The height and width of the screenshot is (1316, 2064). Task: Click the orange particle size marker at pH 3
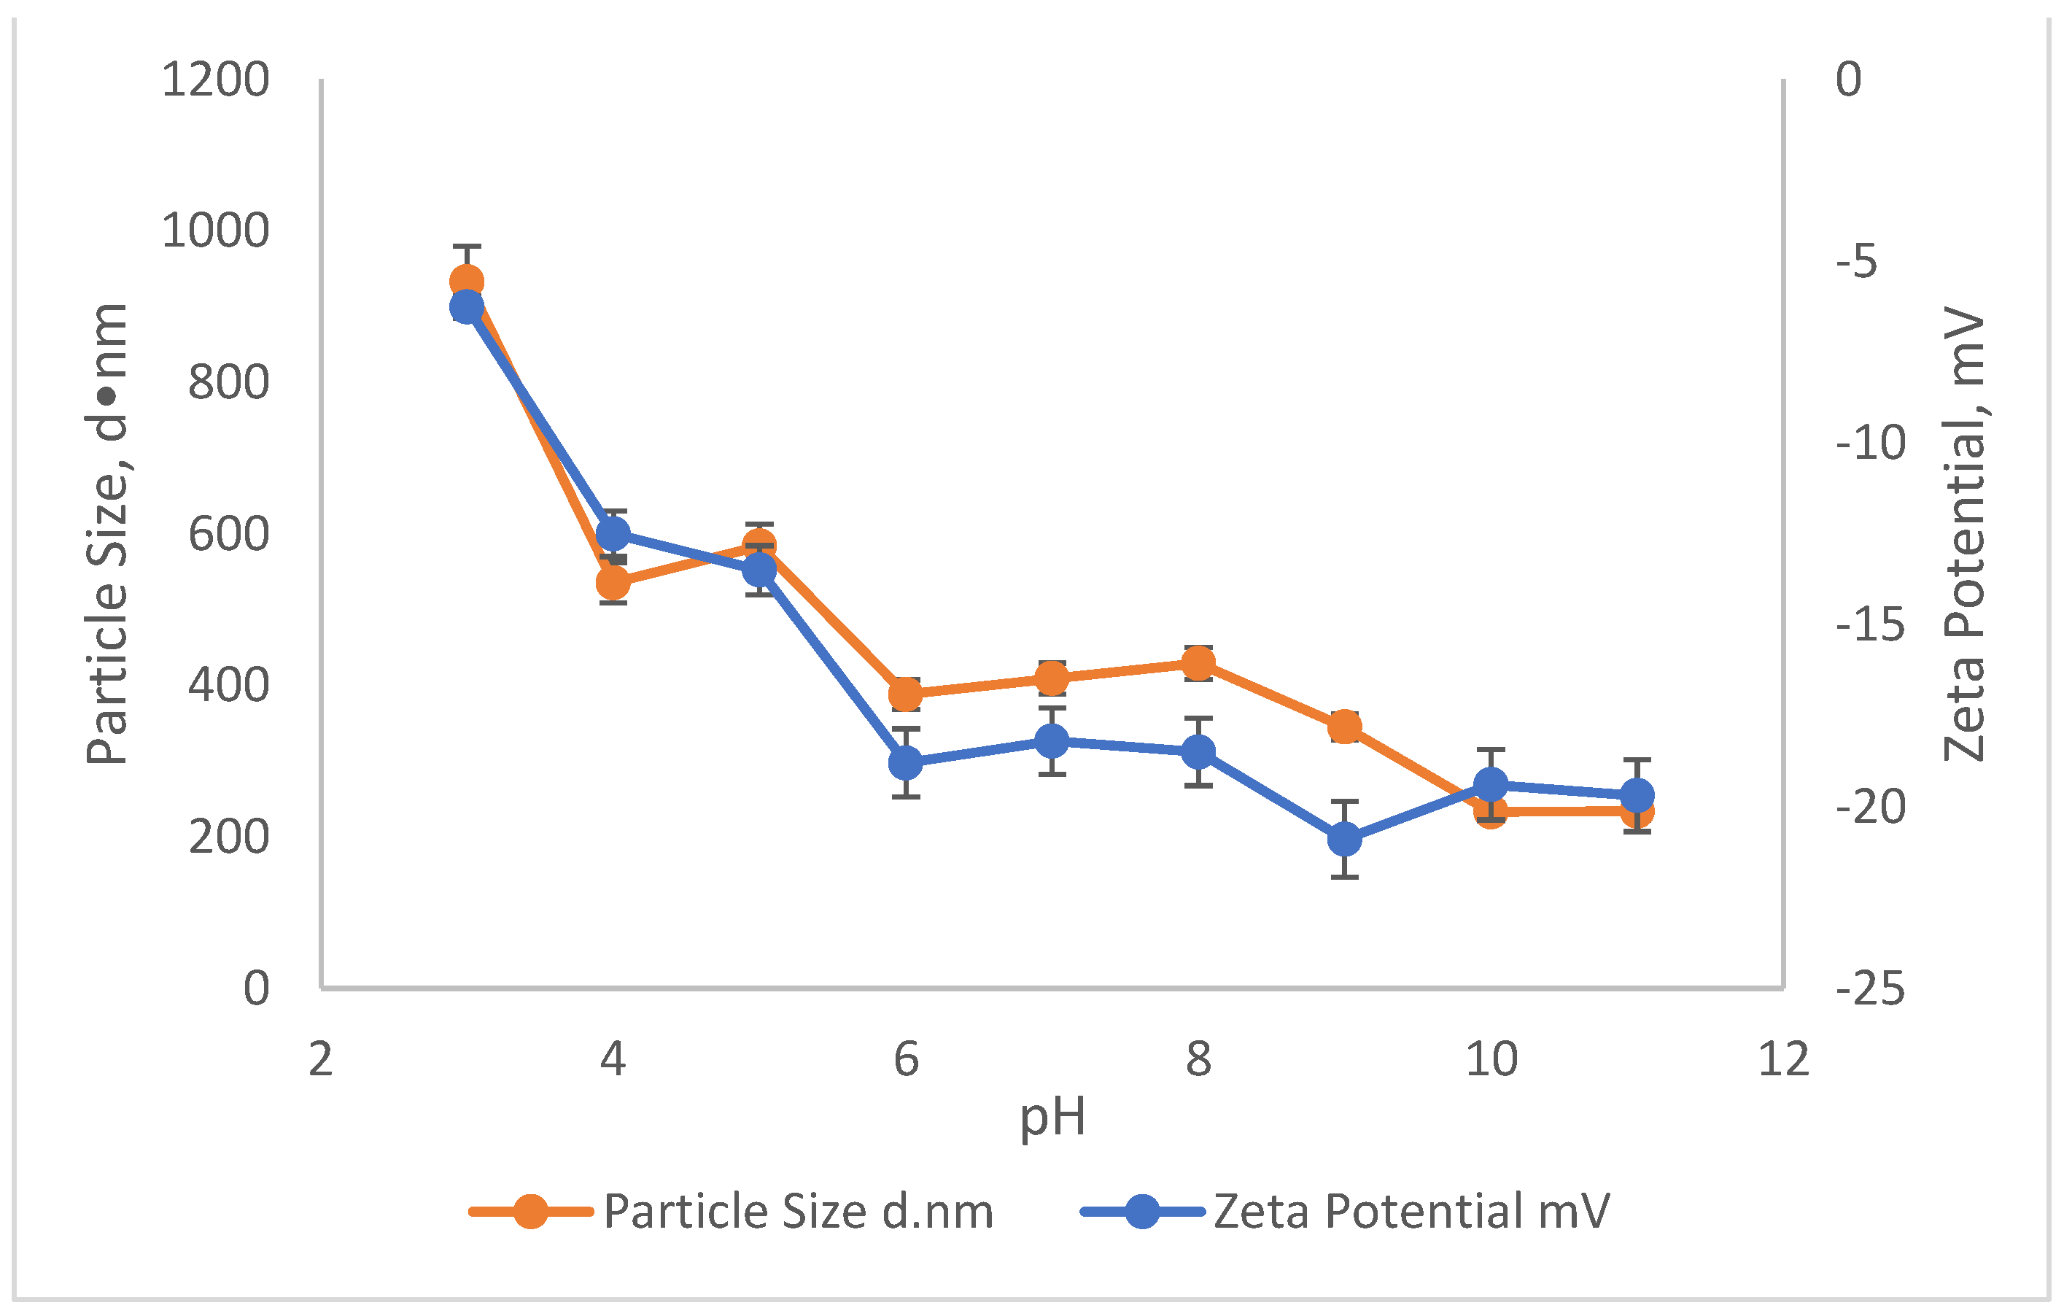pyautogui.click(x=466, y=281)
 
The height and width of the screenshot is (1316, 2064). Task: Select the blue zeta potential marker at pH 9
pyautogui.click(x=1345, y=840)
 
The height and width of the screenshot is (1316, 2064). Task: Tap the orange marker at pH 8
pyautogui.click(x=1198, y=662)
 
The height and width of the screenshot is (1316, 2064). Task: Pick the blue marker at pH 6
pyautogui.click(x=905, y=762)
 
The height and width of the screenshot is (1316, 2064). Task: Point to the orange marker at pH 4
pyautogui.click(x=613, y=583)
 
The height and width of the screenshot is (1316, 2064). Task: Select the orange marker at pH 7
pyautogui.click(x=1052, y=679)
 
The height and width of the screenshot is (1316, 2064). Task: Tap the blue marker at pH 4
pyautogui.click(x=613, y=534)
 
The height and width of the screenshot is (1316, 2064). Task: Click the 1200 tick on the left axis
pyautogui.click(x=215, y=80)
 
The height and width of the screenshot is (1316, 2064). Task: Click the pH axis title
pyautogui.click(x=1052, y=1117)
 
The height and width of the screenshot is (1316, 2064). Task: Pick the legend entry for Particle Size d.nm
pyautogui.click(x=797, y=1212)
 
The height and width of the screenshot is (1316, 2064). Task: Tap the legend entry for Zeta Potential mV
pyautogui.click(x=1411, y=1212)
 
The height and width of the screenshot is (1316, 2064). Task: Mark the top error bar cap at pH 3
pyautogui.click(x=466, y=246)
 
